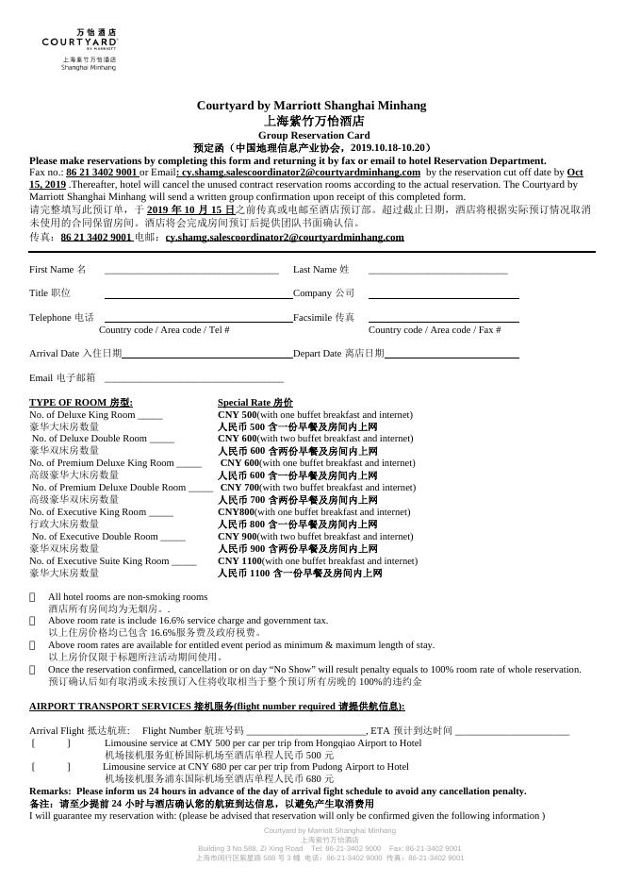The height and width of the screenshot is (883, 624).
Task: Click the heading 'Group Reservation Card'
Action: pyautogui.click(x=311, y=136)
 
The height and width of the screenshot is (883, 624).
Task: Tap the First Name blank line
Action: pyautogui.click(x=191, y=271)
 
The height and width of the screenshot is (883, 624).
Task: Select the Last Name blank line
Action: pyautogui.click(x=437, y=271)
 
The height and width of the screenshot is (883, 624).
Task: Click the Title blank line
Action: pyautogui.click(x=198, y=295)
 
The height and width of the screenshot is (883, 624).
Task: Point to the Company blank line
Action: pyautogui.click(x=443, y=295)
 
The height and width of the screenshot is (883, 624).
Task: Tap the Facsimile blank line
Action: pyautogui.click(x=443, y=320)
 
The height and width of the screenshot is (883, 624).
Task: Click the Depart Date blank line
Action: pyautogui.click(x=452, y=356)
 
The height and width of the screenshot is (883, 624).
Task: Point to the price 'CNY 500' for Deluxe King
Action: pyautogui.click(x=237, y=415)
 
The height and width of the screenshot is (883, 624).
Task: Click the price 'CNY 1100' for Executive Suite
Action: pyautogui.click(x=239, y=561)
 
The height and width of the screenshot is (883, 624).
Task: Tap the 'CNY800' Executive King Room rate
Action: pyautogui.click(x=236, y=512)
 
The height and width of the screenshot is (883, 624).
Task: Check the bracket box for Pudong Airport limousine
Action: pyautogui.click(x=51, y=768)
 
